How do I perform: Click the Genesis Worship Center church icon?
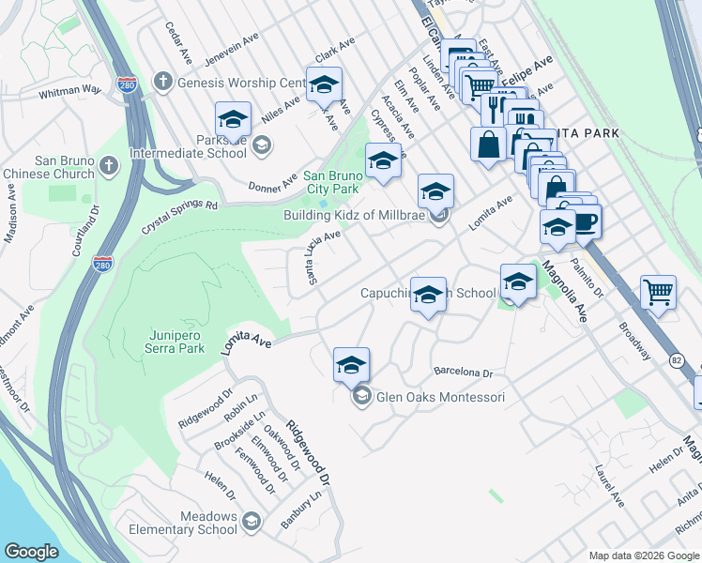pos(163,82)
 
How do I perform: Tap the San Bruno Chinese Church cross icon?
pos(109,166)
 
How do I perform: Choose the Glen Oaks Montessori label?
pos(440,397)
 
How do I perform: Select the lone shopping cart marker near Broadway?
pos(658,292)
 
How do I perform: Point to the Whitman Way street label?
pos(69,91)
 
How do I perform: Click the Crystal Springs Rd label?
pos(179,217)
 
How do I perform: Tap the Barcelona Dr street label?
pos(462,372)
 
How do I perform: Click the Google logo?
pos(32,552)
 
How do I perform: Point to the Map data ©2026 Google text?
pos(643,555)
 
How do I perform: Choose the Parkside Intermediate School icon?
pos(262,145)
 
